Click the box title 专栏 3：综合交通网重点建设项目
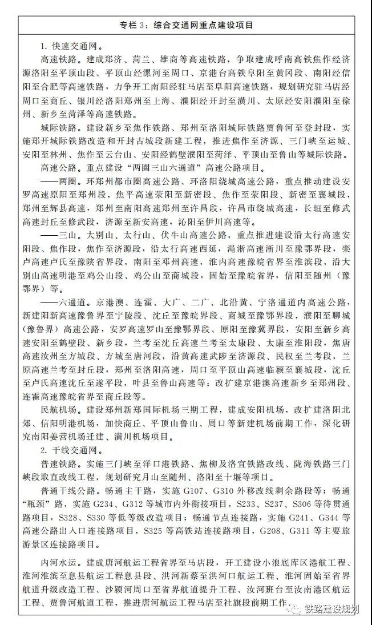pyautogui.click(x=187, y=26)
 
